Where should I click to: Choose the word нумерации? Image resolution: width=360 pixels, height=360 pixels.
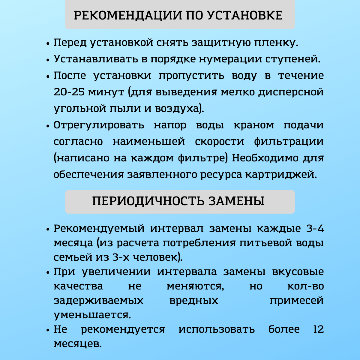click(231, 59)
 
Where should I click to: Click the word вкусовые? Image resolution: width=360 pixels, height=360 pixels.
click(298, 272)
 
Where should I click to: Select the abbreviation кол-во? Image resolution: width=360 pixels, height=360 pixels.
click(305, 286)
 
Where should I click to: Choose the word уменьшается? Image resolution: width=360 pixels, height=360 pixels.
click(92, 315)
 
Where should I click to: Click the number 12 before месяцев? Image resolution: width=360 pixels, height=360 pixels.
click(318, 329)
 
